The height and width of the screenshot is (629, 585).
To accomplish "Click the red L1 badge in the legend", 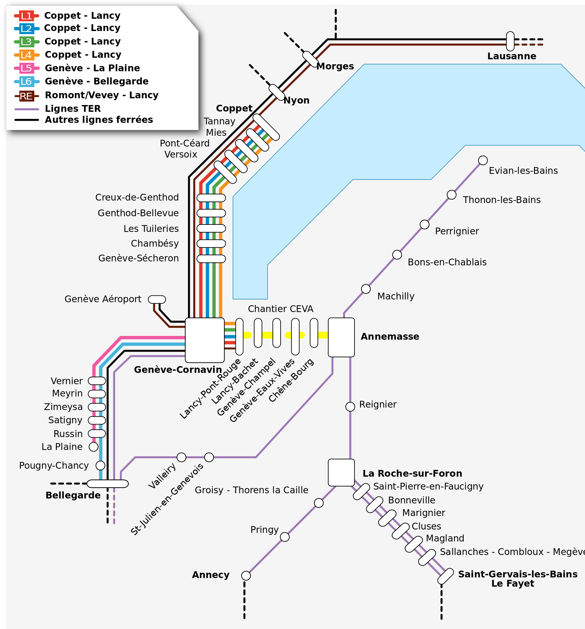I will point(27,15).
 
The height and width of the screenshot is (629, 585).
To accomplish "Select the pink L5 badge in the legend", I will point(27,68).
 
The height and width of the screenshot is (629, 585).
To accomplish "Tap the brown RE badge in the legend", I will point(27,96).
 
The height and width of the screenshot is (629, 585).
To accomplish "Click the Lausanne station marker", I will point(510,41).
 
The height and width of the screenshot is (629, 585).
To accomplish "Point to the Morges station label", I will point(335,66).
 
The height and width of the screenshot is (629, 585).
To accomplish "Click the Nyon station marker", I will point(277,92).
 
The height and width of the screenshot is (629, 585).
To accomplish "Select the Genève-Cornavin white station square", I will point(205,340).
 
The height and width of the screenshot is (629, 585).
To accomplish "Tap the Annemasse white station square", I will point(341,337).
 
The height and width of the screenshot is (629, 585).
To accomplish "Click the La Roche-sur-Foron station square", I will point(341,472).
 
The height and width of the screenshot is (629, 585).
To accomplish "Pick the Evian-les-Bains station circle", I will point(482,160).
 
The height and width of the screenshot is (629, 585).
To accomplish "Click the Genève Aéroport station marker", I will point(157,299).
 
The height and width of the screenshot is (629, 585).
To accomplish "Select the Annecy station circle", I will point(246,576).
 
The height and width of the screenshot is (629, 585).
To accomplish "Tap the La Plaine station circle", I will point(93,447).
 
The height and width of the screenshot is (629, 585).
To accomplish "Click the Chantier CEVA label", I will point(280,309).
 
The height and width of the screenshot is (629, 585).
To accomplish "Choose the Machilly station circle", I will point(366,289).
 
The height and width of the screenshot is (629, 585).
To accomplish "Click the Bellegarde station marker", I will point(107,483).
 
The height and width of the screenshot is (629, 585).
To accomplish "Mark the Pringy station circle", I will point(285,537).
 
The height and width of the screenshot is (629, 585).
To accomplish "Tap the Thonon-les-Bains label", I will point(501,200).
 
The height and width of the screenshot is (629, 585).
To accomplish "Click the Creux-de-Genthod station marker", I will point(211,198).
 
